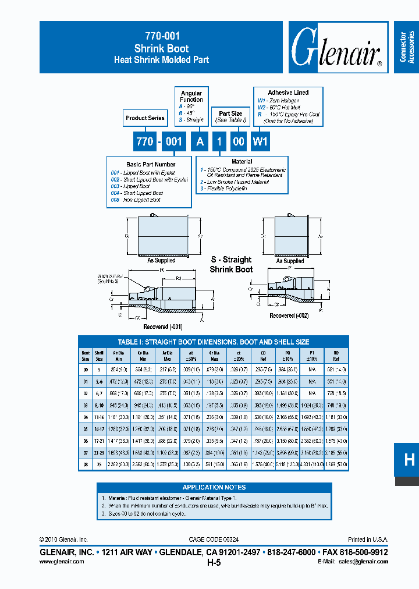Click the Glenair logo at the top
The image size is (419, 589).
pyautogui.click(x=336, y=49)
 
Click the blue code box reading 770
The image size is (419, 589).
pyautogui.click(x=144, y=141)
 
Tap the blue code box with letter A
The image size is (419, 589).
pyautogui.click(x=200, y=141)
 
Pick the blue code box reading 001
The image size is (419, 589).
pyautogui.click(x=173, y=141)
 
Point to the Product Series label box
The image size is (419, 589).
pyautogui.click(x=145, y=118)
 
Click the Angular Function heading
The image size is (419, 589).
pyautogui.click(x=191, y=97)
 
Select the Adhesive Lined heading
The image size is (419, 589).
pyautogui.click(x=288, y=93)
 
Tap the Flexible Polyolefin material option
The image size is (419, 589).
pyautogui.click(x=223, y=189)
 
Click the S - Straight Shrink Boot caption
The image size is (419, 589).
pyautogui.click(x=231, y=264)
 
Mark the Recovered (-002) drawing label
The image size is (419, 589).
pyautogui.click(x=289, y=315)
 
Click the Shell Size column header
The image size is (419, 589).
pyautogui.click(x=100, y=356)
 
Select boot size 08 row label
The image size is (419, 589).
pyautogui.click(x=86, y=465)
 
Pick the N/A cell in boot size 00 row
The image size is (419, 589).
pyautogui.click(x=312, y=369)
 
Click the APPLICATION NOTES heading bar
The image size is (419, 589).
pyautogui.click(x=214, y=487)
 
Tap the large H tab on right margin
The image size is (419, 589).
pyautogui.click(x=409, y=460)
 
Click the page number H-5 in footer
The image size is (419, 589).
pyautogui.click(x=214, y=563)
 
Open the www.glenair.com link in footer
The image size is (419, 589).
pyautogui.click(x=62, y=562)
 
